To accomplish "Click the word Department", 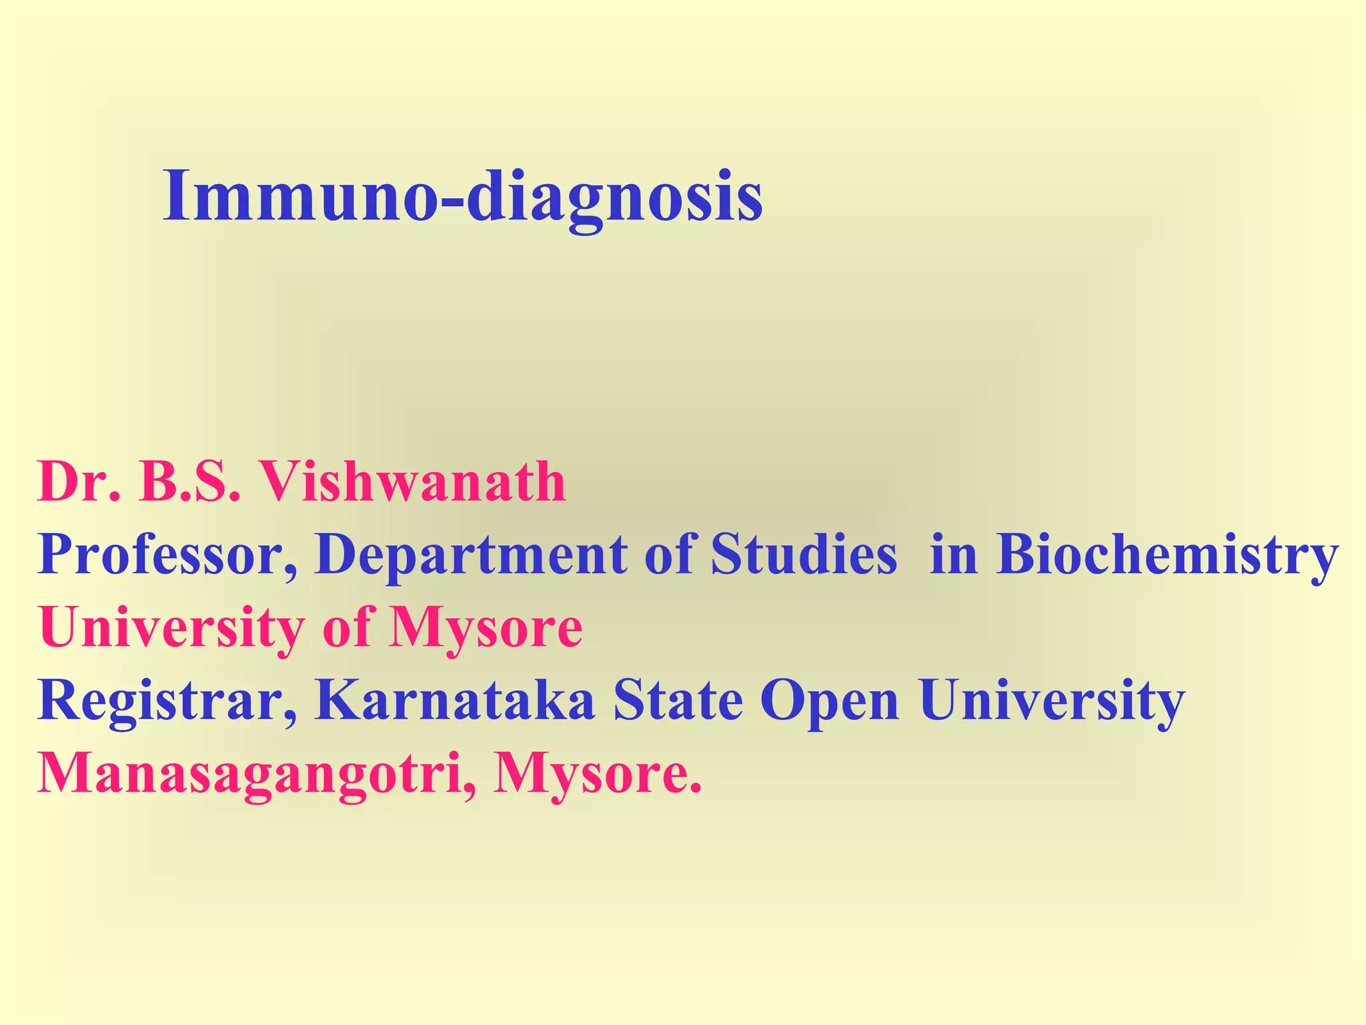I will coord(471,555).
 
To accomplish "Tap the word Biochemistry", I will coord(1167,555).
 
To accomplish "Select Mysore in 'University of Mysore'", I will coord(485,629).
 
